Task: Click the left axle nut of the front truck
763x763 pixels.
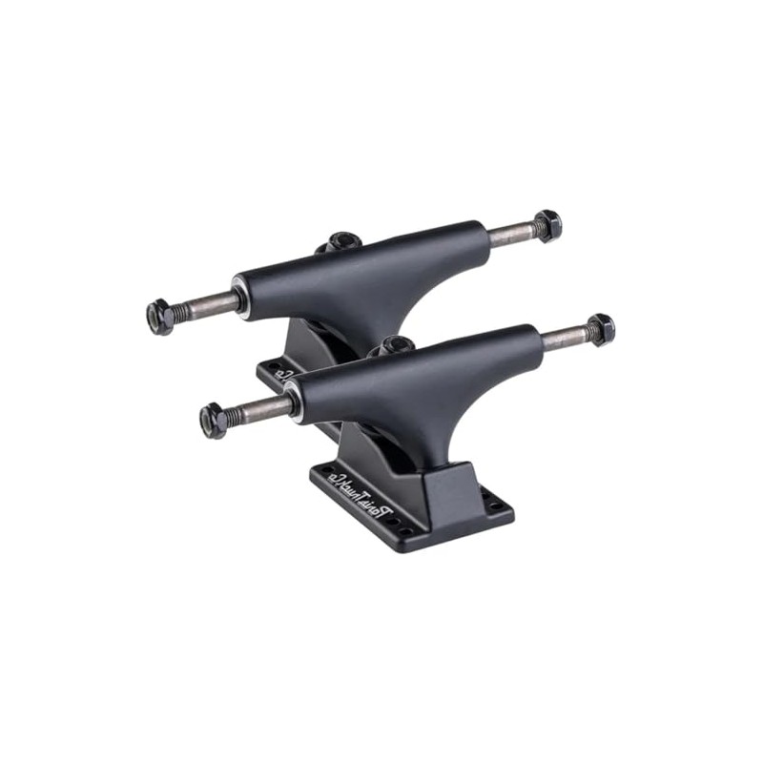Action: pos(214,421)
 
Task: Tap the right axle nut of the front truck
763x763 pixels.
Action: pos(600,330)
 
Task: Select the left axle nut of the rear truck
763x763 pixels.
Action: pos(160,316)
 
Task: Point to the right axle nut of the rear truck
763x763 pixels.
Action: pos(547,226)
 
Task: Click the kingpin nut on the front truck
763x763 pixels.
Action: pos(396,346)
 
